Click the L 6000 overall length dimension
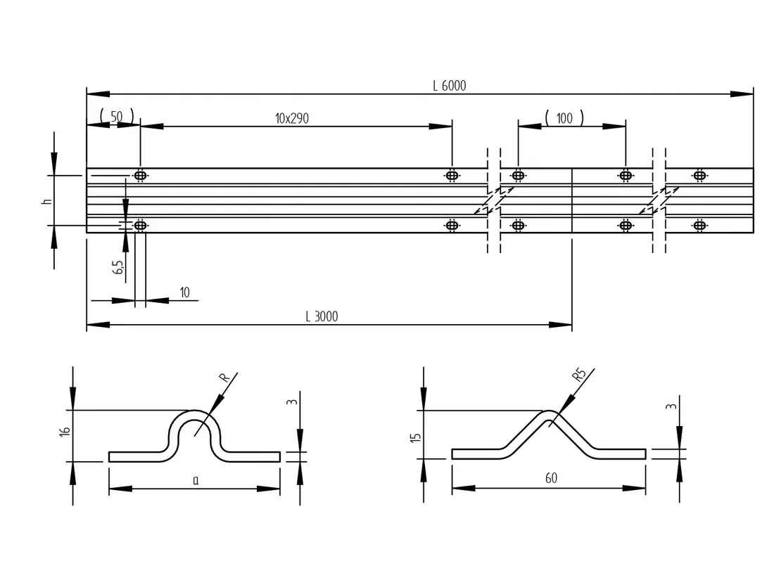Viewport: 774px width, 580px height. click(x=449, y=86)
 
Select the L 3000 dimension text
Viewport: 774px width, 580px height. click(x=322, y=316)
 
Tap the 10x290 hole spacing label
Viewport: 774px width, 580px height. click(x=292, y=118)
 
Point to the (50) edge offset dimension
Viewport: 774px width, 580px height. click(x=117, y=117)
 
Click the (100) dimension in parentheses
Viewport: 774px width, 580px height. click(x=564, y=118)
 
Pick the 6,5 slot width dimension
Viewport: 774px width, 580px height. click(x=118, y=267)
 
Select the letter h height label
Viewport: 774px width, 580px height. click(x=47, y=201)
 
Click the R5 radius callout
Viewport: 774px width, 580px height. click(x=579, y=375)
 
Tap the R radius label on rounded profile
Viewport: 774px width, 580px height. click(x=224, y=378)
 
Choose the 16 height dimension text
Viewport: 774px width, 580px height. click(x=65, y=430)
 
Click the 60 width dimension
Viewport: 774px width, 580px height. click(x=551, y=478)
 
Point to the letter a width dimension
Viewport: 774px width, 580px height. click(x=196, y=480)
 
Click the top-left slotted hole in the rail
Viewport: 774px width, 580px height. click(x=140, y=175)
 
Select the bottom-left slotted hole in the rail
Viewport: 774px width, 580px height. click(x=140, y=226)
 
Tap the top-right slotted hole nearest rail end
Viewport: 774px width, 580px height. click(x=699, y=175)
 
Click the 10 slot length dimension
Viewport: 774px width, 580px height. click(x=184, y=292)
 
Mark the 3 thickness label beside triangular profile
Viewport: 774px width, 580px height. click(x=671, y=406)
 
